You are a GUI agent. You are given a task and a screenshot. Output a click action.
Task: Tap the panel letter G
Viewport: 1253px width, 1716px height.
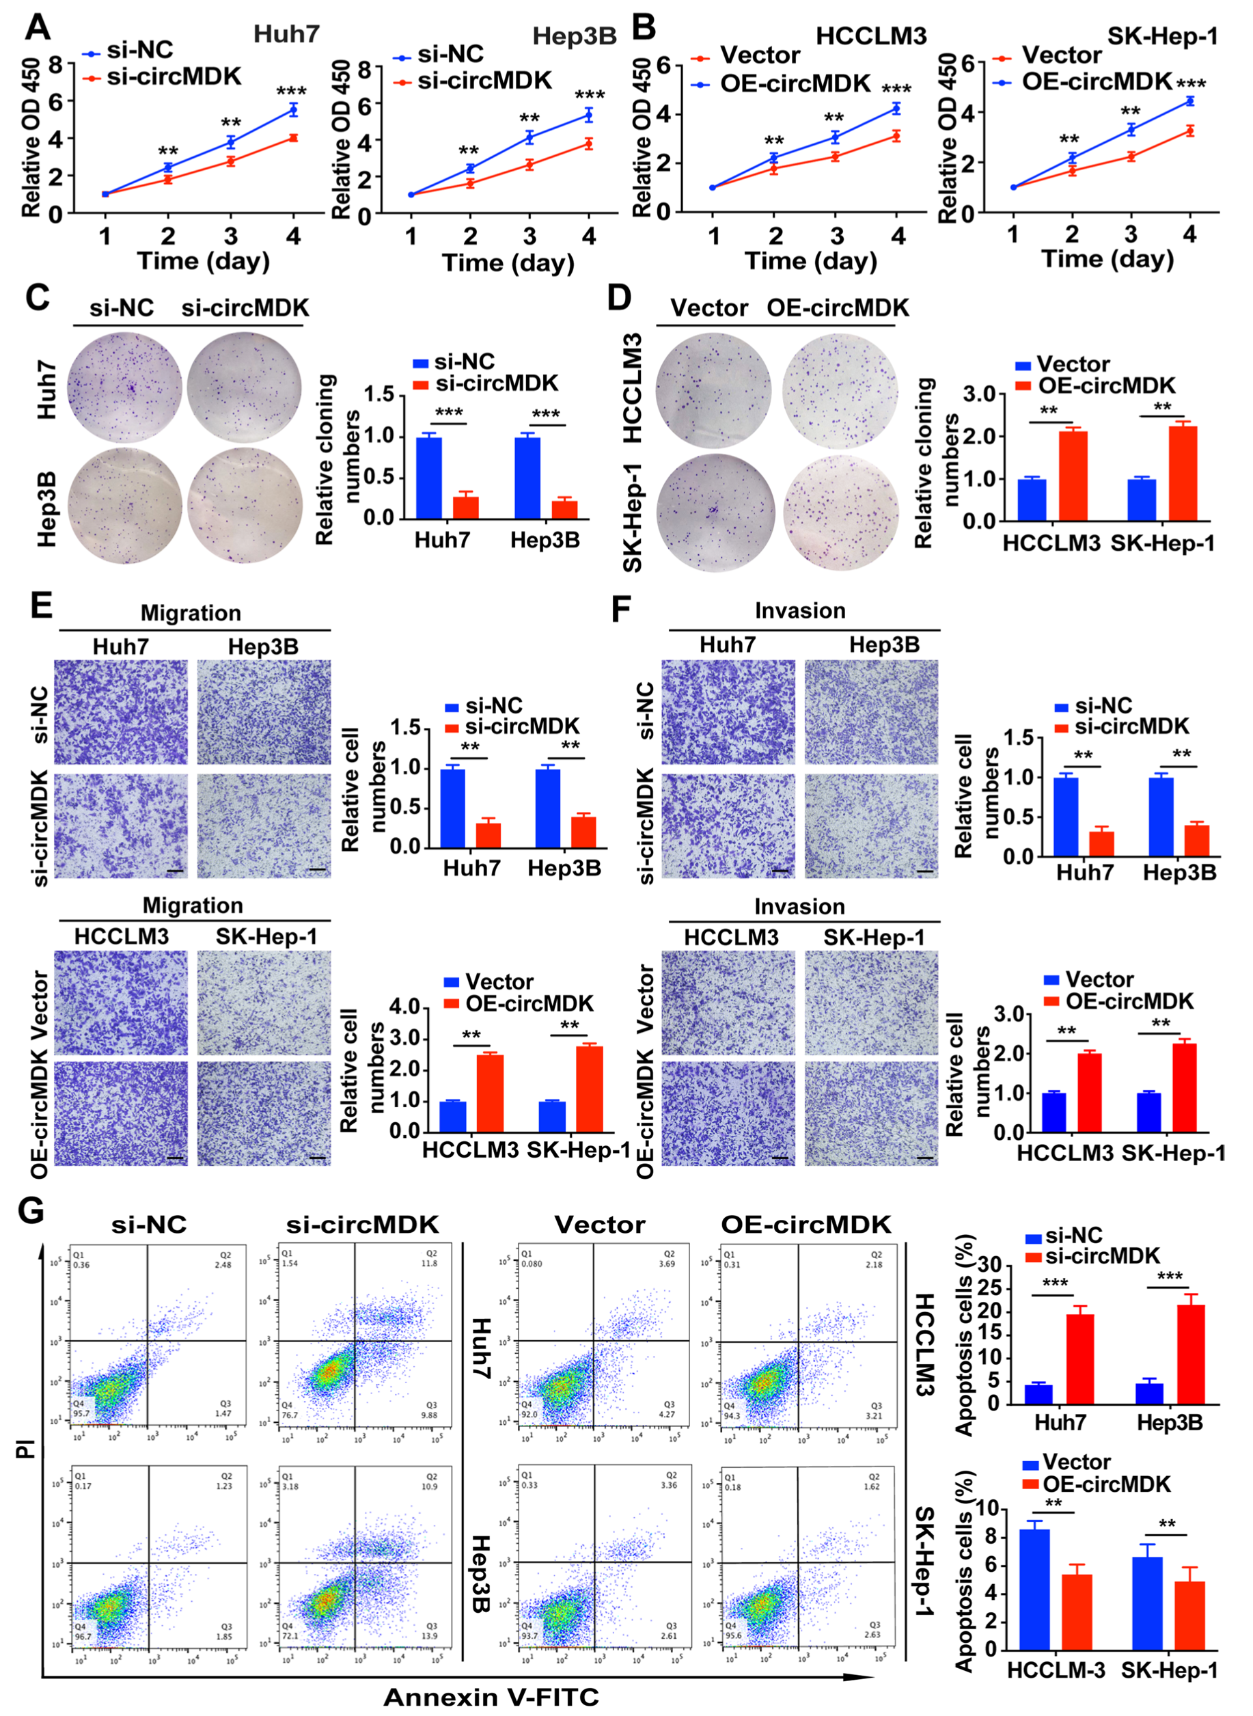(30, 1211)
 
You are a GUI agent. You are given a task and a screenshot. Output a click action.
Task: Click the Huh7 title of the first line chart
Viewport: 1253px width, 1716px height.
(286, 34)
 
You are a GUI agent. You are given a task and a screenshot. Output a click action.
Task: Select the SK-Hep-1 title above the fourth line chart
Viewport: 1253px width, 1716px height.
(1163, 36)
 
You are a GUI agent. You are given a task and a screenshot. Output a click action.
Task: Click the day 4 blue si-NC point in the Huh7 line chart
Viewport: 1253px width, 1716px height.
(293, 110)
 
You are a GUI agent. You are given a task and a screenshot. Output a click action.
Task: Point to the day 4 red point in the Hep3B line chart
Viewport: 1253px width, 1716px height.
(588, 144)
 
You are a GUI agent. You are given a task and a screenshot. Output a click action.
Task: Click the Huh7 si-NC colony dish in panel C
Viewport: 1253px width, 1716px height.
(124, 387)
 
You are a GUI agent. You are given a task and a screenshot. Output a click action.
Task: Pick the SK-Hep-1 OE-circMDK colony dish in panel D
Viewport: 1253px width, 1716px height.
(840, 512)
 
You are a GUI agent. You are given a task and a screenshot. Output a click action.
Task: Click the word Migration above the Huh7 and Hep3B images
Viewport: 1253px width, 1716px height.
(191, 613)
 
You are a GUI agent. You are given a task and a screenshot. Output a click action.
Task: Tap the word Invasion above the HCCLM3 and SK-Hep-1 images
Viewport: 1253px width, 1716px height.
(799, 907)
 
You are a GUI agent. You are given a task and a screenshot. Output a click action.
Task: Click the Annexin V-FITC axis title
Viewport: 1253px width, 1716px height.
(491, 1696)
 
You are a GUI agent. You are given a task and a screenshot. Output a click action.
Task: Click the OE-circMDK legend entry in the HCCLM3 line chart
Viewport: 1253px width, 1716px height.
(794, 83)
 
